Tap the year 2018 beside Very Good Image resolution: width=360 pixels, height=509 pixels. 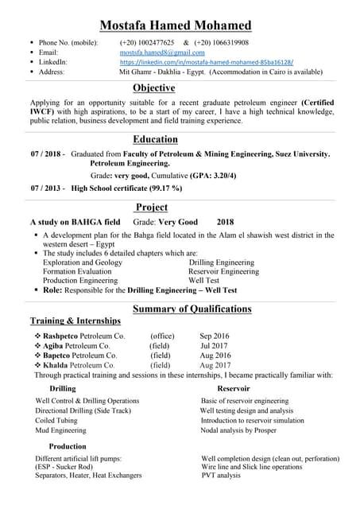226,223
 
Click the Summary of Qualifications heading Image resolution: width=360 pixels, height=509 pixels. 192,309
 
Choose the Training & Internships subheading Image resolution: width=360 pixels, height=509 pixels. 75,321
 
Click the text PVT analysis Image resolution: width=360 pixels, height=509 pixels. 221,475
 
